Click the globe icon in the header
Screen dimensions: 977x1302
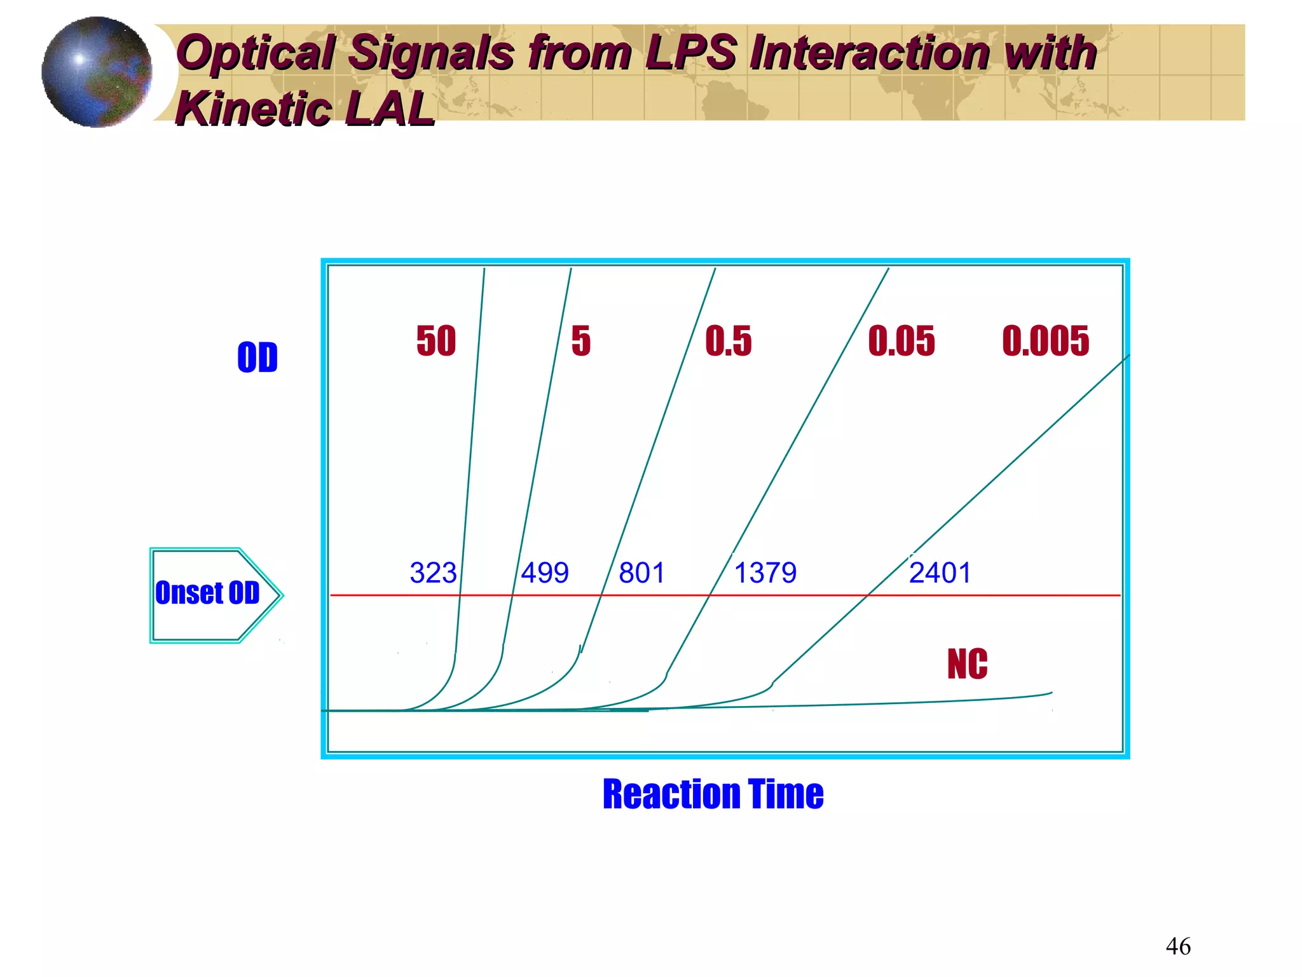pos(97,72)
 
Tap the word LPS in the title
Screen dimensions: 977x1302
pos(692,52)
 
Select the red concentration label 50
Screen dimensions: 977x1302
pos(436,341)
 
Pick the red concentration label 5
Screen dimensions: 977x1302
pos(580,341)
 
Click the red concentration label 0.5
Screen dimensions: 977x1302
pos(728,341)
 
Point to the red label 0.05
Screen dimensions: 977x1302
pos(901,341)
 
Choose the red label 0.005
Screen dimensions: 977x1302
pos(1045,341)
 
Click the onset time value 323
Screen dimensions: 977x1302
pos(433,573)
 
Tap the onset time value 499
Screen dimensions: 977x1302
pos(545,573)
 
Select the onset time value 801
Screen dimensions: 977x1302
pos(642,573)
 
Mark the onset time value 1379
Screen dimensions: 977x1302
pos(765,573)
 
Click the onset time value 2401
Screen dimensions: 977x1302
pos(940,573)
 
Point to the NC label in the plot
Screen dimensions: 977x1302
pos(967,665)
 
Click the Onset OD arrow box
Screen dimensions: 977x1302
pos(209,594)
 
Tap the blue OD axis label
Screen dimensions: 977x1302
pos(257,357)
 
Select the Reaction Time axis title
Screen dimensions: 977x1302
pos(713,794)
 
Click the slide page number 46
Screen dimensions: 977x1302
pos(1177,946)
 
